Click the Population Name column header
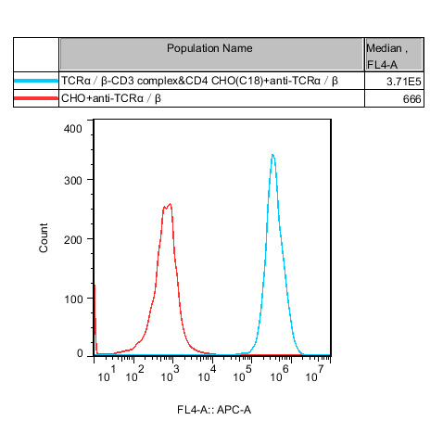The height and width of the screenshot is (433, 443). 210,48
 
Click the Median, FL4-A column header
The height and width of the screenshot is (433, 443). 394,55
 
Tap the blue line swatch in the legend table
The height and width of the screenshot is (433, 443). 36,82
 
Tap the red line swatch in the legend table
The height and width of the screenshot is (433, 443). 36,98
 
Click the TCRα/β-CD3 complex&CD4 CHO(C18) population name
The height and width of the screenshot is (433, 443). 199,82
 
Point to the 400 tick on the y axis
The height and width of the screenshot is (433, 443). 73,129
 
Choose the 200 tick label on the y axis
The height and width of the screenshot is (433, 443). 73,238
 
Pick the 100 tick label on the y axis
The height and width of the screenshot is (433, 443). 73,298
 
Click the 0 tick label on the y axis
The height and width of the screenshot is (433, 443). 80,353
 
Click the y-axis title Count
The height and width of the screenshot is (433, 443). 44,238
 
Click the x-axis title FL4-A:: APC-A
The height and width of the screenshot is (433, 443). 214,409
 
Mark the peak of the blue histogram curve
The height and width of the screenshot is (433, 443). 272,155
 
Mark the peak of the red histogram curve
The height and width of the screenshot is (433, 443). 170,204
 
